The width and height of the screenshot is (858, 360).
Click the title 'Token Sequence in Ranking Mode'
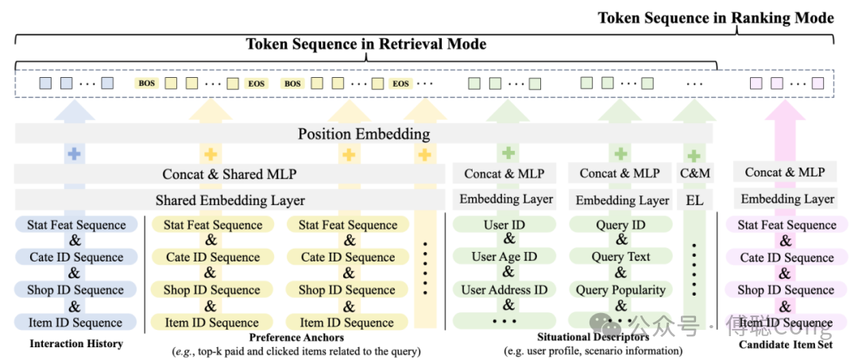coord(716,17)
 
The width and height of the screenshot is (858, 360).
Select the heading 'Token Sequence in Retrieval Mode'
coord(365,44)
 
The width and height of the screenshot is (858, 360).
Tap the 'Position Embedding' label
coord(364,134)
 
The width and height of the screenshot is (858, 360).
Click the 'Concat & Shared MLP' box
coord(230,174)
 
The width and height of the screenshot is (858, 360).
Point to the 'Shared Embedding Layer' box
coord(230,199)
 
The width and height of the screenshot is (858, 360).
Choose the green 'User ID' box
coord(504,225)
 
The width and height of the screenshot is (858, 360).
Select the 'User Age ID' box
coord(504,257)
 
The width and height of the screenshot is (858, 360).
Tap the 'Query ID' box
coord(620,225)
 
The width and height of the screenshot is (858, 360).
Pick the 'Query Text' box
coord(620,257)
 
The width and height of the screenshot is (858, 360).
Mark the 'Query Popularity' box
coord(620,289)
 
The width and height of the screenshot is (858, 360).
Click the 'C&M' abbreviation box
coord(694,173)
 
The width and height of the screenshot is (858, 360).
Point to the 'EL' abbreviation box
coord(694,199)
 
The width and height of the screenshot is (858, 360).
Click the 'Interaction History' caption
coord(76,343)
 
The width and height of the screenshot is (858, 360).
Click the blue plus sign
coord(74,154)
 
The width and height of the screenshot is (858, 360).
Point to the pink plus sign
coord(786,154)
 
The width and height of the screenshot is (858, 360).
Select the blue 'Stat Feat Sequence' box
coord(76,225)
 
